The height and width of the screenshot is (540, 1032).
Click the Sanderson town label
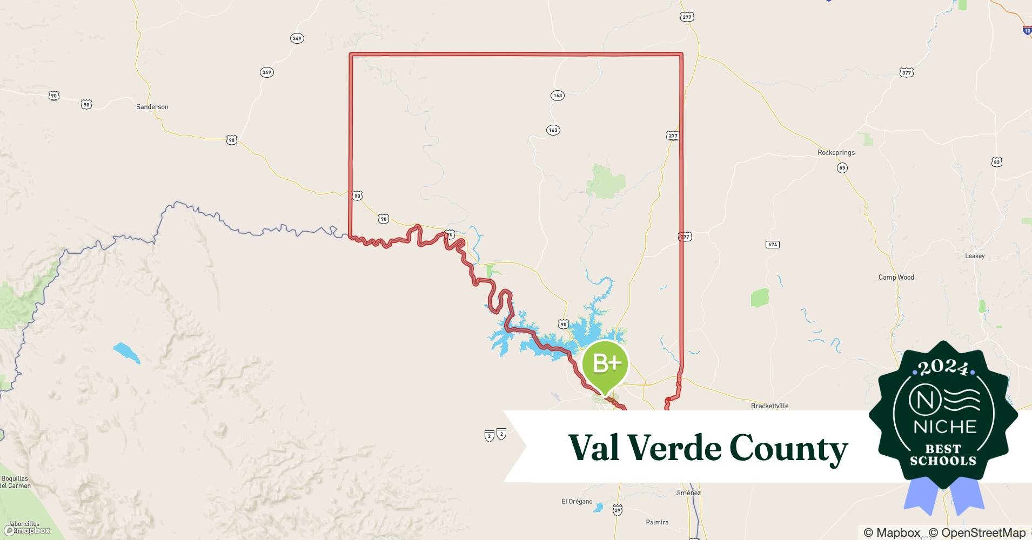click(x=152, y=107)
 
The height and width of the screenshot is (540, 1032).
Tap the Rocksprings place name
click(x=836, y=153)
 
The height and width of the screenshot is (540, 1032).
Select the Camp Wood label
click(x=896, y=278)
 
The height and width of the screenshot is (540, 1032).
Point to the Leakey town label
click(x=975, y=256)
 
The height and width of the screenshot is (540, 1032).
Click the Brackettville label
click(x=769, y=406)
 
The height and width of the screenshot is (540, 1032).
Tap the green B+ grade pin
click(x=605, y=365)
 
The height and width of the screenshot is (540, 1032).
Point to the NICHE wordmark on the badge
click(x=944, y=427)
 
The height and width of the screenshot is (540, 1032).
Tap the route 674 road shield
click(x=772, y=245)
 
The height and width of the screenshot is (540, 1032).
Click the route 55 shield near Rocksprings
click(x=842, y=168)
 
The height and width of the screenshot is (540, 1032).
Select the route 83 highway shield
click(x=996, y=162)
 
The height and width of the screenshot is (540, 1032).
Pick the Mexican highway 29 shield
click(x=618, y=510)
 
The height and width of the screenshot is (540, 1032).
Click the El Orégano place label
click(x=577, y=502)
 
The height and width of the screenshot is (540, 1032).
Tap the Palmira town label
click(x=657, y=522)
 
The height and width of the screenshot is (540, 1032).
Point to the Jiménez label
click(x=688, y=493)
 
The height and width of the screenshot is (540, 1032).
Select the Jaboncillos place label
click(x=24, y=524)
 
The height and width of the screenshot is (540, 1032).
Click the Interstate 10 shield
click(x=1027, y=31)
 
